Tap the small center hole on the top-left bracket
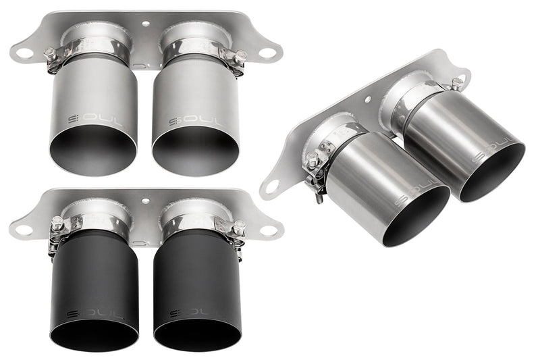pos(146,23)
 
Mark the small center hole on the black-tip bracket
pos(146,201)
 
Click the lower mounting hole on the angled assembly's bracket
pos(272,185)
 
